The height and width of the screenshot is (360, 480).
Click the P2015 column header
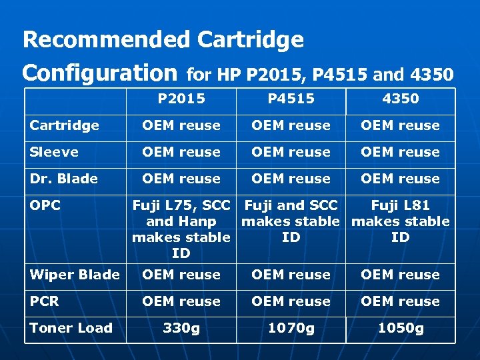pyautogui.click(x=181, y=99)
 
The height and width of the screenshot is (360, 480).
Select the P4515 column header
pyautogui.click(x=291, y=99)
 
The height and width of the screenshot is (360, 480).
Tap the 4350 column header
pyautogui.click(x=400, y=99)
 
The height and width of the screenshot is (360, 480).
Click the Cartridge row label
pyautogui.click(x=64, y=125)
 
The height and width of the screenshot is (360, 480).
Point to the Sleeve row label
pyautogui.click(x=54, y=152)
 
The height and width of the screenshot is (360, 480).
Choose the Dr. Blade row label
pyautogui.click(x=63, y=179)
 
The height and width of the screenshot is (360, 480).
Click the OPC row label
pyautogui.click(x=45, y=205)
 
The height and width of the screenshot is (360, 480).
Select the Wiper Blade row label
pyautogui.click(x=75, y=275)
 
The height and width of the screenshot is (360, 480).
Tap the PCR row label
pyautogui.click(x=45, y=301)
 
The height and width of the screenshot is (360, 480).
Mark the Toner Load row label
pyautogui.click(x=71, y=328)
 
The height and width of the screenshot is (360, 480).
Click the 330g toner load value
pyautogui.click(x=181, y=328)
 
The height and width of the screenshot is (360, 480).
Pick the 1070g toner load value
pyautogui.click(x=291, y=328)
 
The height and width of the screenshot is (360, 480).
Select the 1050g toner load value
pyautogui.click(x=400, y=328)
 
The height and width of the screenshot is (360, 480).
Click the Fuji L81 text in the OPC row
pyautogui.click(x=400, y=205)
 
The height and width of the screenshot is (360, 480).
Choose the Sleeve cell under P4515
pyautogui.click(x=291, y=152)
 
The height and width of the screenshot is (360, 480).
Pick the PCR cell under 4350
pyautogui.click(x=400, y=301)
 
